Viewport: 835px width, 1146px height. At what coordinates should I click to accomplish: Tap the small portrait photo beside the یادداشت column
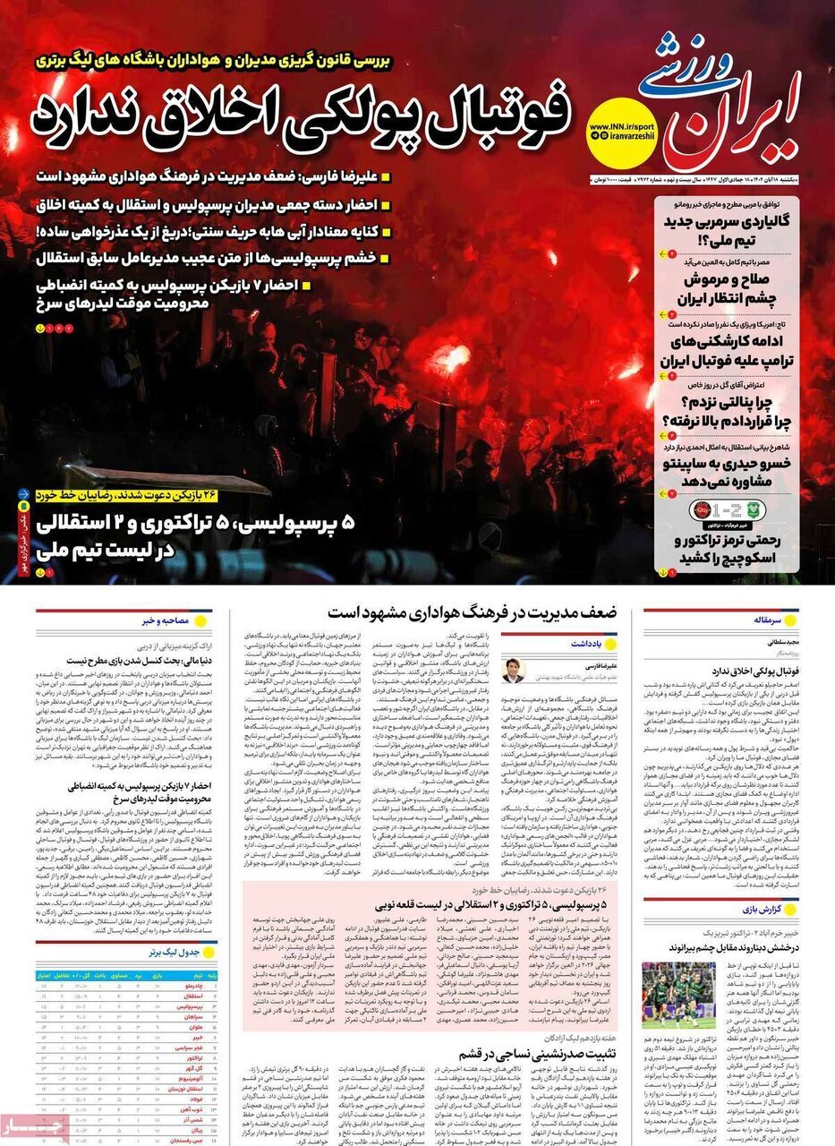click(513, 671)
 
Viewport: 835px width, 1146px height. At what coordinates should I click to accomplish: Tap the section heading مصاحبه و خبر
click(165, 619)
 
